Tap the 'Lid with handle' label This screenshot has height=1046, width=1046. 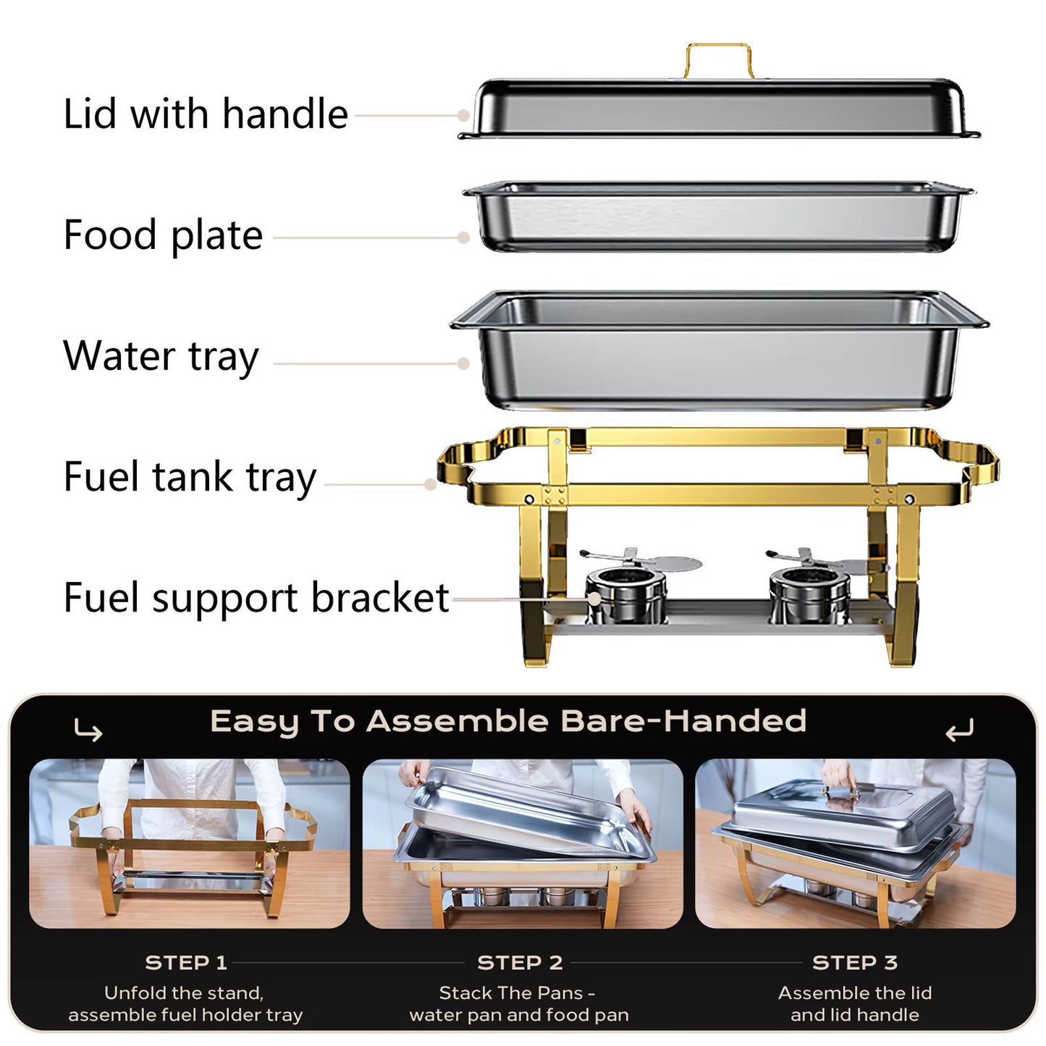click(x=206, y=114)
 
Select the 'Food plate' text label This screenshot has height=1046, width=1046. click(x=163, y=235)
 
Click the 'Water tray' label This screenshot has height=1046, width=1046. click(x=161, y=356)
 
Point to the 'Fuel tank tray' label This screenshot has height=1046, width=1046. click(x=190, y=477)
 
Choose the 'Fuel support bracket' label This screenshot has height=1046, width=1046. click(x=256, y=598)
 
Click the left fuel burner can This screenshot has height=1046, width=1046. click(x=625, y=593)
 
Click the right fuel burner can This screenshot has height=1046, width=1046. click(x=809, y=593)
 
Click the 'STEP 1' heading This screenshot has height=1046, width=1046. click(x=186, y=963)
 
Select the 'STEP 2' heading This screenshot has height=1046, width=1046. click(x=520, y=963)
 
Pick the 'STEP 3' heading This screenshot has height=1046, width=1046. click(x=855, y=963)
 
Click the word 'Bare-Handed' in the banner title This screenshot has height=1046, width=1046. click(x=683, y=721)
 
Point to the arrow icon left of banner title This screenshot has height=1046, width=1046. click(x=88, y=731)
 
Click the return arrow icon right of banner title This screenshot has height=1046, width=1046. click(x=959, y=731)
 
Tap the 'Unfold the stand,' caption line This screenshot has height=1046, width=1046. click(x=184, y=992)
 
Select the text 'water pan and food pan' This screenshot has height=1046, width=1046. click(x=519, y=1015)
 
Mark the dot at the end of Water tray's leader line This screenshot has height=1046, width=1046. click(x=464, y=363)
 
